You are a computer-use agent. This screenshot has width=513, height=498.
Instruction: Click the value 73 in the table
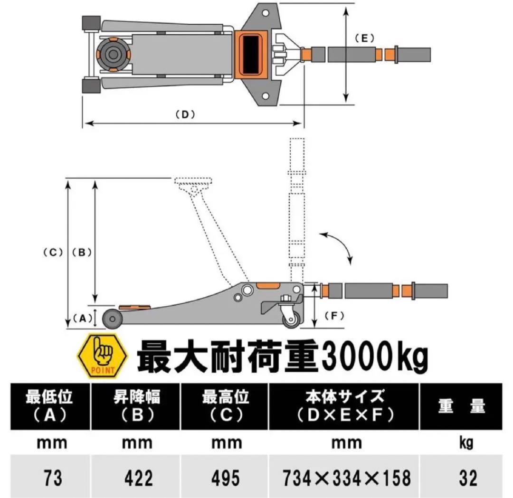[52, 477]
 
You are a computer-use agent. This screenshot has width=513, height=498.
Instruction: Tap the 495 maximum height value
[226, 477]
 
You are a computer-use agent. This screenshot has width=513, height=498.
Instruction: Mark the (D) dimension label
[186, 114]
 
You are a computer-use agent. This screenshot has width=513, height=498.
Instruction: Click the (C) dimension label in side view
[53, 253]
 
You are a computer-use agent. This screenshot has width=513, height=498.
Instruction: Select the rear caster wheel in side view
[291, 319]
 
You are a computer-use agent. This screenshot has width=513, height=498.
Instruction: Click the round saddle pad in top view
[113, 54]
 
